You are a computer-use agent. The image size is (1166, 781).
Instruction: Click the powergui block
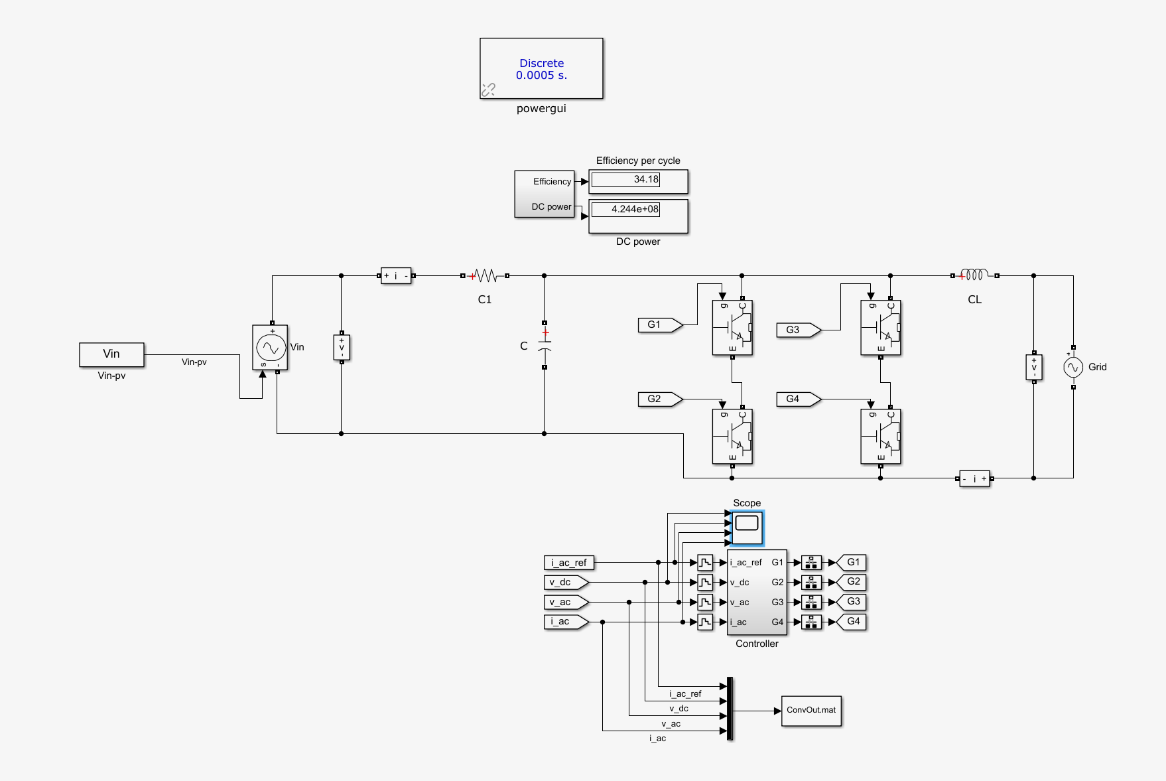(x=541, y=68)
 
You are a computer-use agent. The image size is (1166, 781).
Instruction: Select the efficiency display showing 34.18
(x=638, y=181)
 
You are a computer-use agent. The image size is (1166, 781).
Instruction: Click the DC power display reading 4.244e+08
(x=638, y=216)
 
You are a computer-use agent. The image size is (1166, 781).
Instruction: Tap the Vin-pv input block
(x=111, y=354)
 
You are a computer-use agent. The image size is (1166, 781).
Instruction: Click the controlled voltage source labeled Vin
(x=270, y=347)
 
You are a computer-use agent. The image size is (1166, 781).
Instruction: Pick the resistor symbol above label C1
(x=486, y=275)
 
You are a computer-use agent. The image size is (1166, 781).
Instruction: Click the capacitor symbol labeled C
(x=545, y=345)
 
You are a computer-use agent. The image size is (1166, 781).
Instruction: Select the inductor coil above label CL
(x=975, y=275)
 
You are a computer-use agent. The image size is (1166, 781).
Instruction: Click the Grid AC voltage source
(x=1073, y=367)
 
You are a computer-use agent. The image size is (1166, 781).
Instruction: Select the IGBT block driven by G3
(x=881, y=328)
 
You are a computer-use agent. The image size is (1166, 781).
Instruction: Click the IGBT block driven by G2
(x=732, y=437)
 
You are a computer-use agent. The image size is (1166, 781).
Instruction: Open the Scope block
(x=747, y=528)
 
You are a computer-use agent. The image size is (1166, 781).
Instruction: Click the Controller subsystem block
(x=757, y=593)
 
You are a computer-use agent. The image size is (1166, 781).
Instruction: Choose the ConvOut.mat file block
(x=811, y=711)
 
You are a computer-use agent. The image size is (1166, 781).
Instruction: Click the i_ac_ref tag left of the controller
(x=569, y=563)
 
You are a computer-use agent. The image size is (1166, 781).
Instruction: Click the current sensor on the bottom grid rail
(x=974, y=478)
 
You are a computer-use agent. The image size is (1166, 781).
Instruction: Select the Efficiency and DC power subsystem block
(x=545, y=194)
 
